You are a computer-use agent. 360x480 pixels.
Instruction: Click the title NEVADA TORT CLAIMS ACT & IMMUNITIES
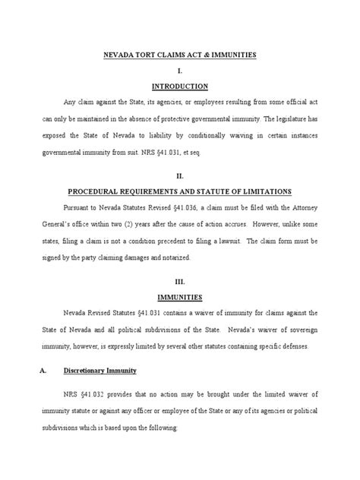pyautogui.click(x=180, y=56)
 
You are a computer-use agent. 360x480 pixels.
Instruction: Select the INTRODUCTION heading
pyautogui.click(x=179, y=87)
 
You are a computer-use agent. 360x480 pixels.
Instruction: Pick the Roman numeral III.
pyautogui.click(x=179, y=278)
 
